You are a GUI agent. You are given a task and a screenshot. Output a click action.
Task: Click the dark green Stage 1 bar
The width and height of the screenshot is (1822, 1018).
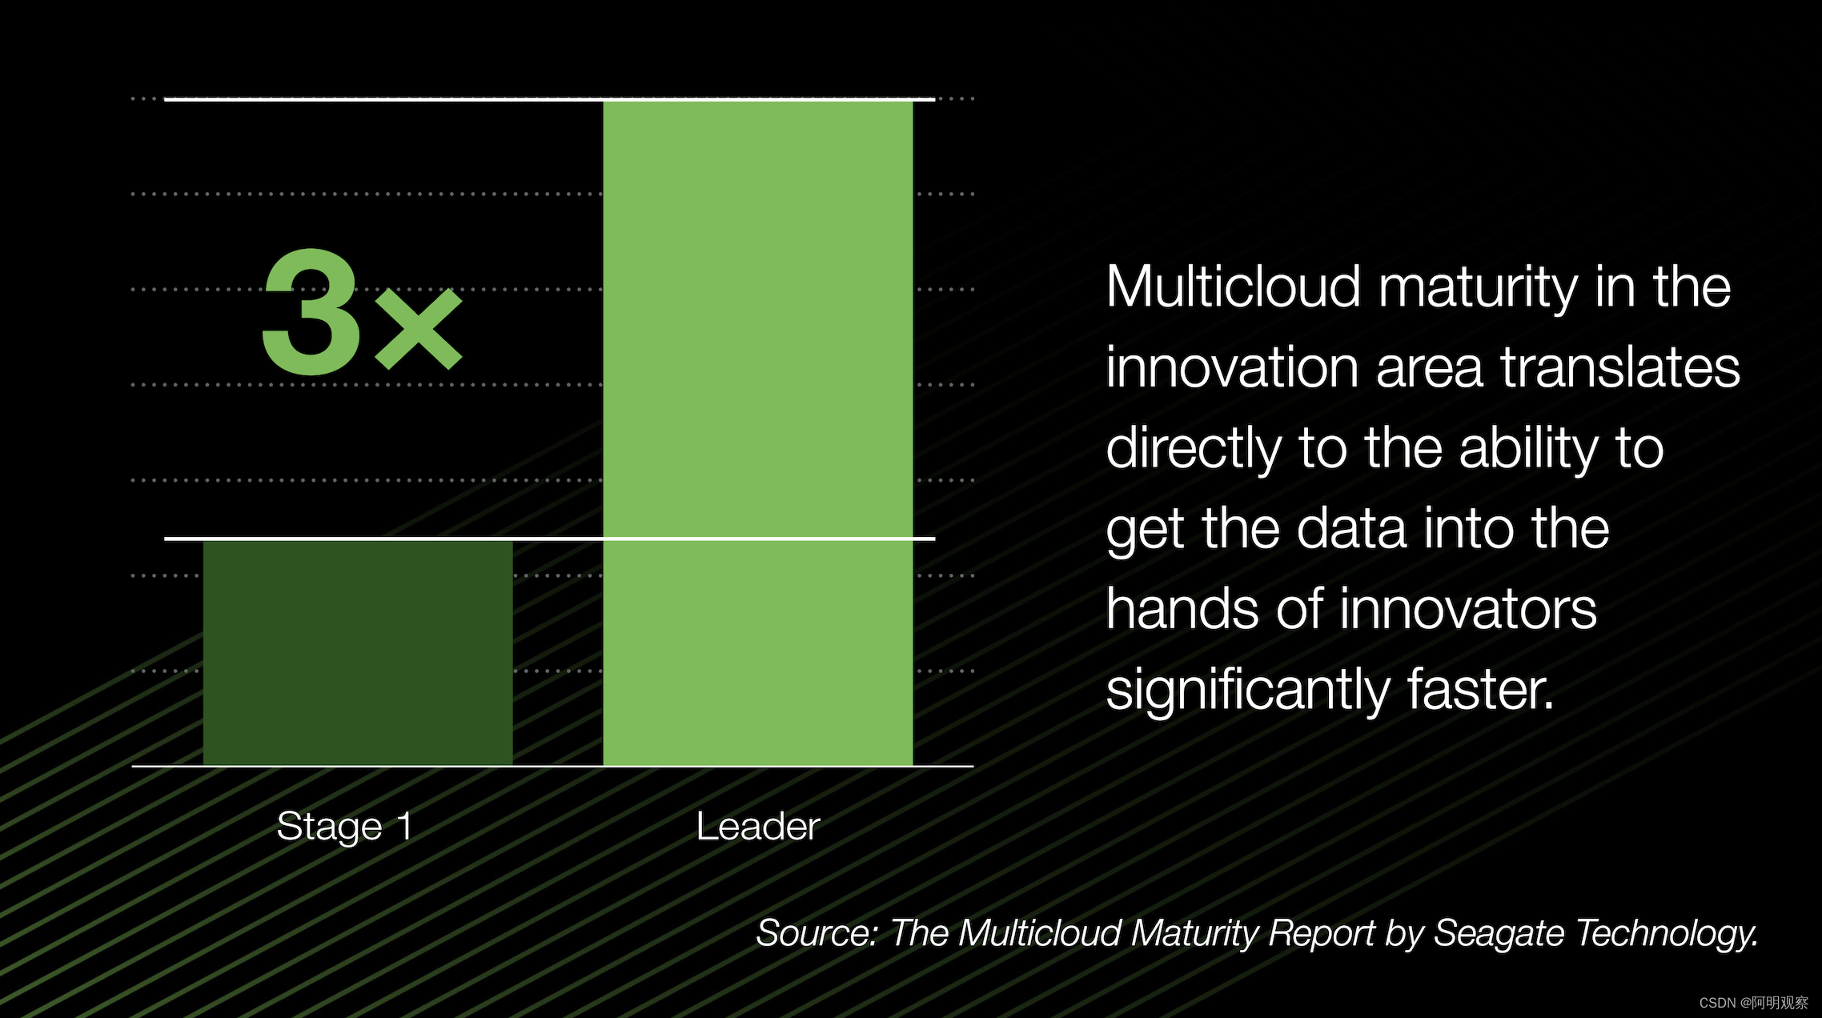tap(358, 653)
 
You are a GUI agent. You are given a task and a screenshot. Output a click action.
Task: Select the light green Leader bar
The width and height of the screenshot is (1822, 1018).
tap(758, 433)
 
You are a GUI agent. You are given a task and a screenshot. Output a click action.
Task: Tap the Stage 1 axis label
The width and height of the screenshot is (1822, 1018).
tap(345, 827)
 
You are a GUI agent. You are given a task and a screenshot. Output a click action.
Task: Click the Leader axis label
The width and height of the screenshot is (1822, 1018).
tap(758, 826)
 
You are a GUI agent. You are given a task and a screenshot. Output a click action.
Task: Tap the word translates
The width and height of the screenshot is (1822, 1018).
tap(1620, 367)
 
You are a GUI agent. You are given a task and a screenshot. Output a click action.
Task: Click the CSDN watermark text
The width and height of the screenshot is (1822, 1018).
tap(1754, 1003)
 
